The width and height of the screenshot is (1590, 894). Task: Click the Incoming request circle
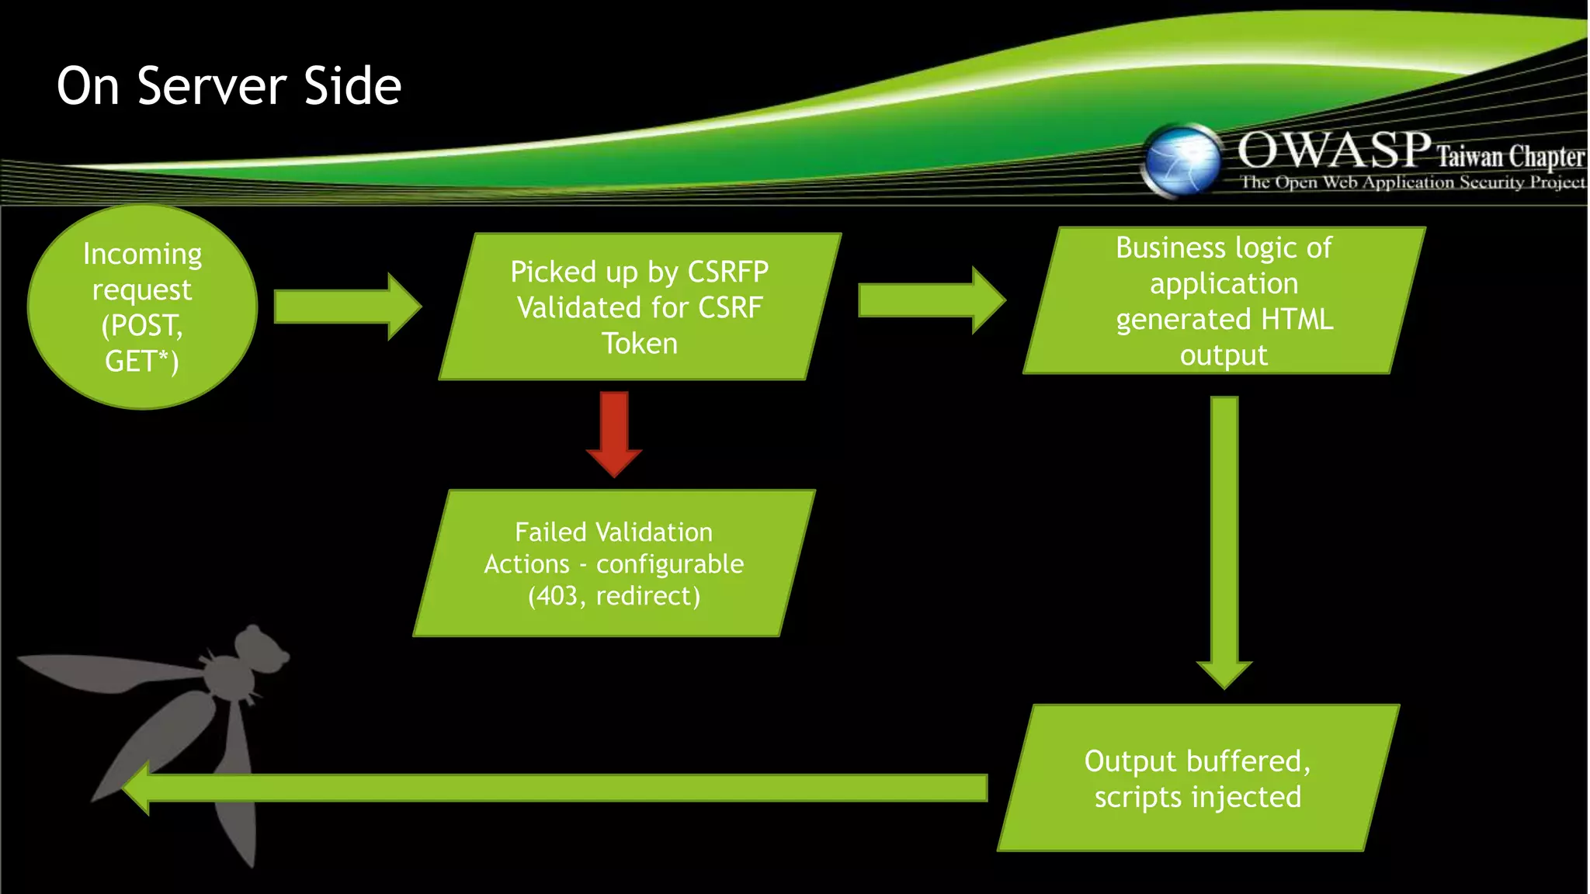[x=142, y=306]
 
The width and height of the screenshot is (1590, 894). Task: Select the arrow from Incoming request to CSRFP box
[x=346, y=307]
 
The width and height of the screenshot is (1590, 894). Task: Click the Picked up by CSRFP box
[x=639, y=306]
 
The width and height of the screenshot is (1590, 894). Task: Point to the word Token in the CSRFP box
[x=640, y=344]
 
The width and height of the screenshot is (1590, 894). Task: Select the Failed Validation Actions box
[x=613, y=563]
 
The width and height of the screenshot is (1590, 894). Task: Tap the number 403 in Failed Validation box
[x=557, y=596]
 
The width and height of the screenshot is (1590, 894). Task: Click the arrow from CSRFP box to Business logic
[x=931, y=300]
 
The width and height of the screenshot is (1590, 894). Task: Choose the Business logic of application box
[x=1224, y=300]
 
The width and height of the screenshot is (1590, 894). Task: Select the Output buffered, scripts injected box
[x=1197, y=778]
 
